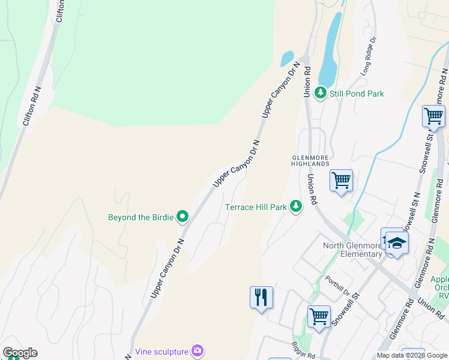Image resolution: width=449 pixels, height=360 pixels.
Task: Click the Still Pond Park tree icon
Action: coord(321,92)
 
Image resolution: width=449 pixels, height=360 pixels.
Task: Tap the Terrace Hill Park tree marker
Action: coord(295,206)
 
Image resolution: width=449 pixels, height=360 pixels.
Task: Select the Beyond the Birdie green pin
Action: coord(182,217)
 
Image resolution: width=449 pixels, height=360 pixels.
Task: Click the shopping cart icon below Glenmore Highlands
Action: coord(341,180)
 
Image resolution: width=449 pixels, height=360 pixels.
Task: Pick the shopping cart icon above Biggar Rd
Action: coord(319,316)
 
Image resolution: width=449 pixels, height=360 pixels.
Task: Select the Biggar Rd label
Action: coord(304,352)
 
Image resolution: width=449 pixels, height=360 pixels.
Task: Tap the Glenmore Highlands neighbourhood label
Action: coord(311,160)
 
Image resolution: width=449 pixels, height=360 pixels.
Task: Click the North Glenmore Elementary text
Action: coord(352,249)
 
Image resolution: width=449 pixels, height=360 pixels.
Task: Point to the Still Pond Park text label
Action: coord(356,93)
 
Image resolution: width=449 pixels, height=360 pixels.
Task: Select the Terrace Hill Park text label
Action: coord(256,207)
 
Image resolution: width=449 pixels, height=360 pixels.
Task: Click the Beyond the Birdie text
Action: coord(140,217)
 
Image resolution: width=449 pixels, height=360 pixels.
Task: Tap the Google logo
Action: coord(20,353)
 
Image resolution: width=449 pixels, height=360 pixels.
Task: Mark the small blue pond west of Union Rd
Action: coord(286,58)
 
